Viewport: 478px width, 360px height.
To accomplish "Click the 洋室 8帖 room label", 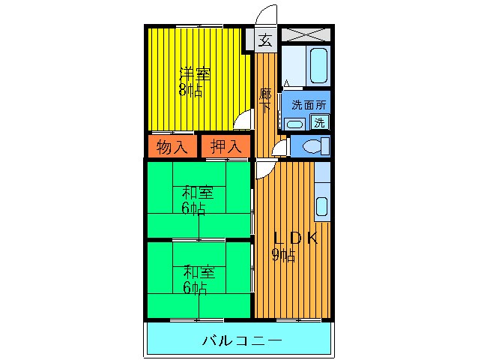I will click(194, 82).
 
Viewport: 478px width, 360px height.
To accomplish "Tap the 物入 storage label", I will click(172, 147).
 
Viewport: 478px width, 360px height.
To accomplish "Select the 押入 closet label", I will click(225, 147).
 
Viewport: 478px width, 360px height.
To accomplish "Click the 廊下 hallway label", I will click(265, 100).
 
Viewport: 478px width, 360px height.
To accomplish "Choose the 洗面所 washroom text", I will click(309, 105).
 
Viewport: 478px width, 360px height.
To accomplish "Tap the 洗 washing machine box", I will click(320, 122).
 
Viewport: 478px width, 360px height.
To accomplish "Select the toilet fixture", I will click(312, 145).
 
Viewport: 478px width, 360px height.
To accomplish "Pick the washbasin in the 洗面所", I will click(295, 124).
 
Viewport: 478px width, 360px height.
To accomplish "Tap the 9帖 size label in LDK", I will click(283, 256).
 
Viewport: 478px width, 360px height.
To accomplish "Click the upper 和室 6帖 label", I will click(197, 200).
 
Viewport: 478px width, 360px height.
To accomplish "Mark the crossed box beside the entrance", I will click(306, 34).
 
